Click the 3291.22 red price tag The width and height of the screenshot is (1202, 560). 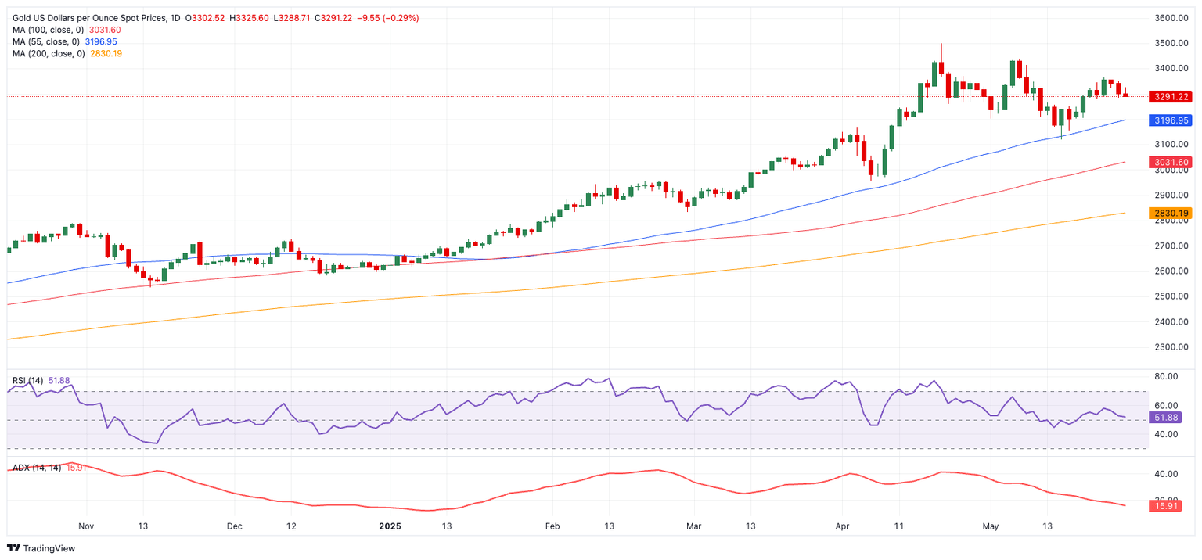(x=1171, y=97)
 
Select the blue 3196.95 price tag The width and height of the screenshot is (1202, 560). (x=1171, y=120)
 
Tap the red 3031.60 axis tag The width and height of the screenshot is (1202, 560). (x=1171, y=162)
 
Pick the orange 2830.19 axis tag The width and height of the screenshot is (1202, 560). (x=1171, y=213)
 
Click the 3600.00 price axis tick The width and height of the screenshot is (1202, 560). (x=1172, y=18)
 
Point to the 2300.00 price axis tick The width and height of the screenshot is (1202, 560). (x=1172, y=347)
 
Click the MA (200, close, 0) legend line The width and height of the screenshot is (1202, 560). (x=67, y=53)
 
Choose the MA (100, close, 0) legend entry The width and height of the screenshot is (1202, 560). (x=67, y=30)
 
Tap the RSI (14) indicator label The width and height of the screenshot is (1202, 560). (x=28, y=380)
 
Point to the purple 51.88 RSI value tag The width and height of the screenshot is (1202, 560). (x=1171, y=418)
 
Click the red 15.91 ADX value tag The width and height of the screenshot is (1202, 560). (x=1171, y=506)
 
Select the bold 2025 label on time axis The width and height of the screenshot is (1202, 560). (x=389, y=526)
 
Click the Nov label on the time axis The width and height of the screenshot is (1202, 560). (x=87, y=526)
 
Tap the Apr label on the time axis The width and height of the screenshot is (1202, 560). (x=842, y=526)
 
